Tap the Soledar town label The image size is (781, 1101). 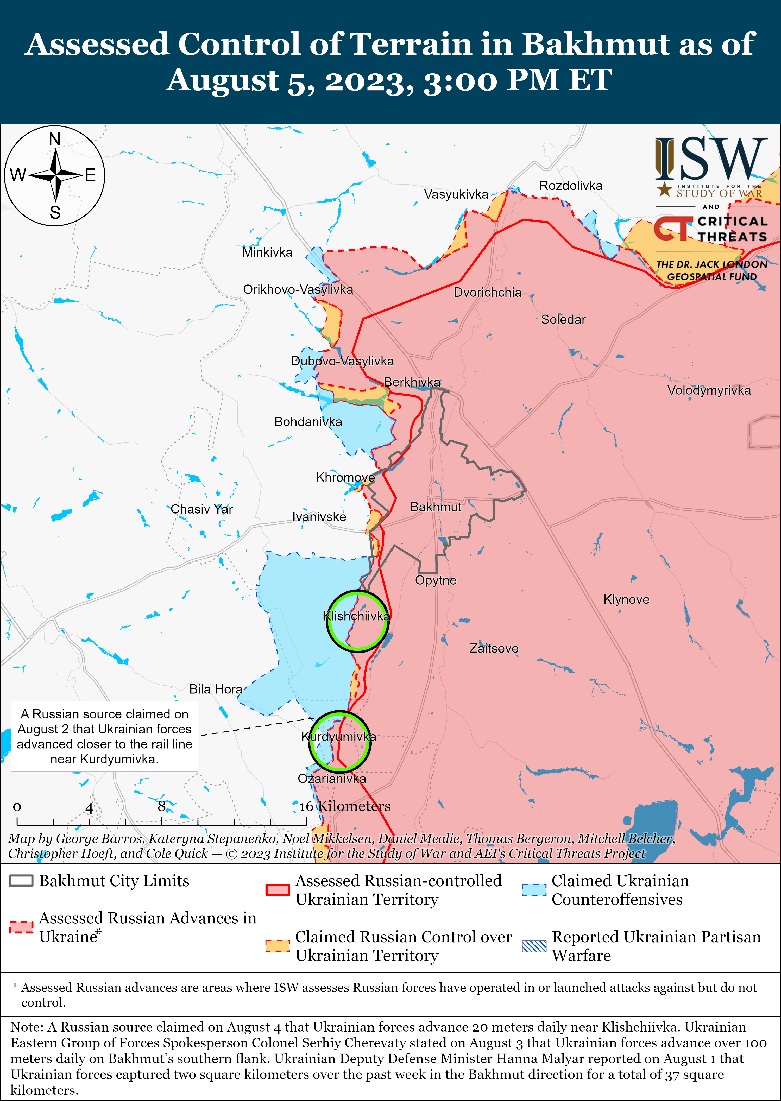(563, 319)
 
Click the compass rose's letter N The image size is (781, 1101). (55, 140)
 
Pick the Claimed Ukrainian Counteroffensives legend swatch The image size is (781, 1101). (534, 890)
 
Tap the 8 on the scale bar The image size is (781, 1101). (162, 806)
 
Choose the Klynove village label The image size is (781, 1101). (626, 599)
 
